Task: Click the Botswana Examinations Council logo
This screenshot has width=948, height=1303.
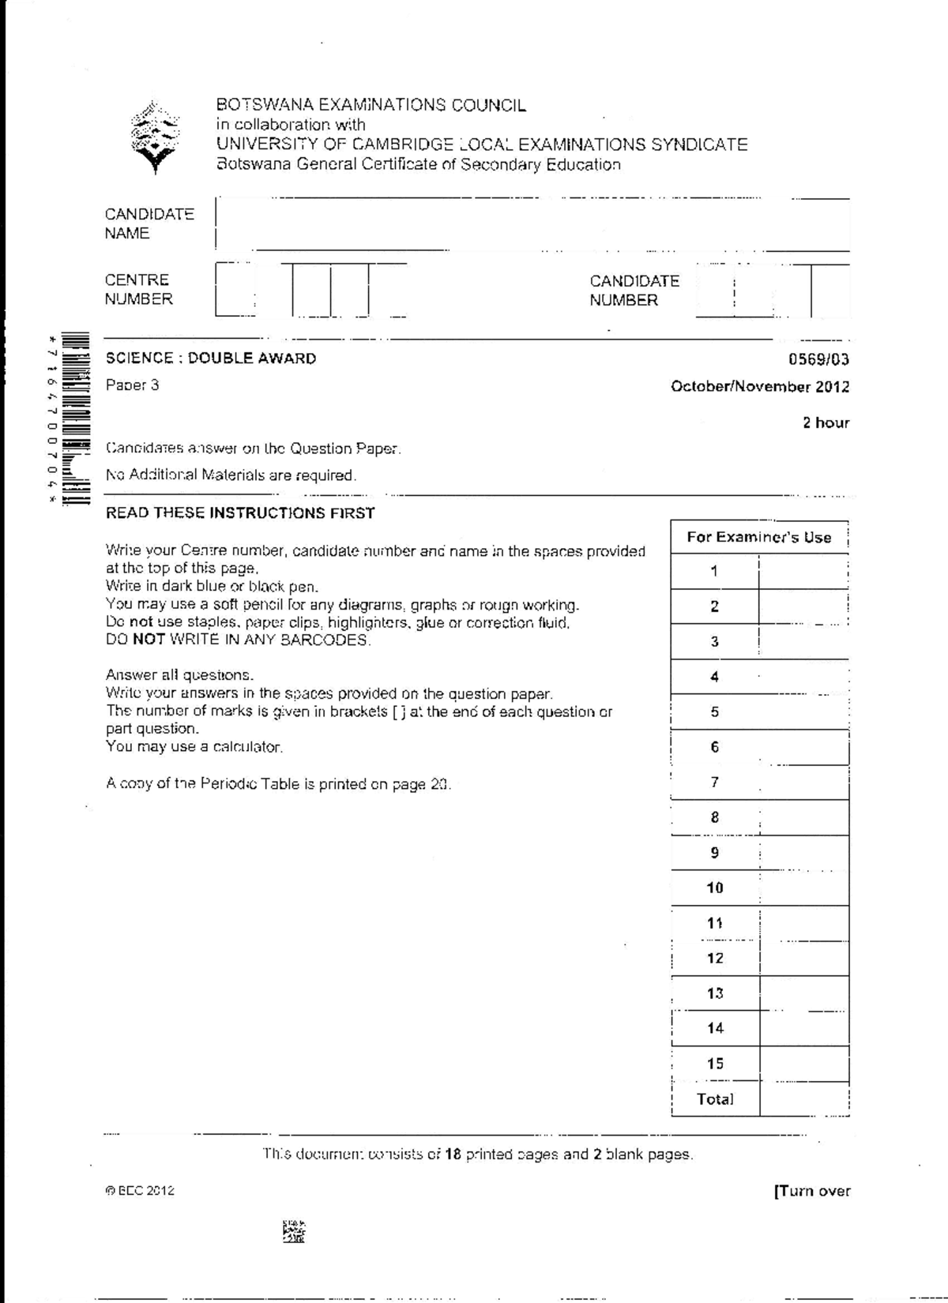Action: point(155,137)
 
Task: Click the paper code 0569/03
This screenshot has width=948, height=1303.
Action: point(818,359)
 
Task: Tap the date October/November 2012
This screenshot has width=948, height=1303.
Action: point(759,387)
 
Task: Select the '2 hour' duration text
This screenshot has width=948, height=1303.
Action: point(826,422)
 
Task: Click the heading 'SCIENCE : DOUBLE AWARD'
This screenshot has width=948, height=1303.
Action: point(211,359)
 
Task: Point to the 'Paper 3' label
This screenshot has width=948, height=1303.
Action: point(133,385)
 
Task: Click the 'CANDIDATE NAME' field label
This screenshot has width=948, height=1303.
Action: point(149,223)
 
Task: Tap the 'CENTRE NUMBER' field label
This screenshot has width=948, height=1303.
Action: point(138,289)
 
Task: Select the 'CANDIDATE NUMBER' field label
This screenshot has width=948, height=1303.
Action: point(634,291)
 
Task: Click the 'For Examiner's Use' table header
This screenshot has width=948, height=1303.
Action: point(758,537)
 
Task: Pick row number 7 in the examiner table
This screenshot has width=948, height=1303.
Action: point(714,782)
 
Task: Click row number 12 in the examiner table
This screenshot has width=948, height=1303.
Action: point(714,958)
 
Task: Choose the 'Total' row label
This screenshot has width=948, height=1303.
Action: point(714,1098)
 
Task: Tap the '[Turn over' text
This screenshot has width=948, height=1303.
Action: point(812,1191)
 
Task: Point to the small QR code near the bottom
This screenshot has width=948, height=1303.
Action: point(293,1231)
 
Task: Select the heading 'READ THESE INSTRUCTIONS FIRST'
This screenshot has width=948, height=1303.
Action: point(240,513)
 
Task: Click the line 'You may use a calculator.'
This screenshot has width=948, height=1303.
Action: point(194,747)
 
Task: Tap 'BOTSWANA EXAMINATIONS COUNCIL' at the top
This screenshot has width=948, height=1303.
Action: point(371,105)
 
